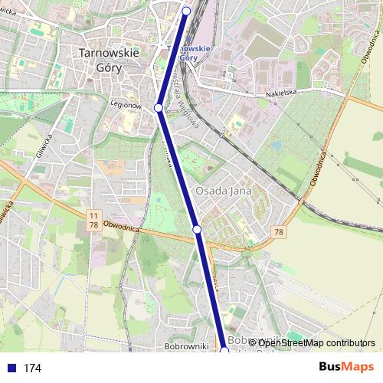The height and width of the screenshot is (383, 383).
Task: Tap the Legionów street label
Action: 129,104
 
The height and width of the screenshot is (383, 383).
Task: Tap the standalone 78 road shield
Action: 278,232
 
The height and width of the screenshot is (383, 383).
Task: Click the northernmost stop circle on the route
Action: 187,11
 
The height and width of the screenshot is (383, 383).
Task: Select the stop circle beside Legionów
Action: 159,108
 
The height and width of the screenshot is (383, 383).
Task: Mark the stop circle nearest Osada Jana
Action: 197,229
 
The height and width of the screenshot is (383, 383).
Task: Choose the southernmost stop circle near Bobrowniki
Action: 224,350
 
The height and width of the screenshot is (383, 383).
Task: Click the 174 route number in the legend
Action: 32,368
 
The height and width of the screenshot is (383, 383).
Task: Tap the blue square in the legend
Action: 10,368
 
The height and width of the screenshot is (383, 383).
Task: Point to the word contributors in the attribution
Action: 350,342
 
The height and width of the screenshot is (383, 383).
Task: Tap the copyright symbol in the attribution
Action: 252,342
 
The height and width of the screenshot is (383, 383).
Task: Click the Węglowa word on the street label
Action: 189,103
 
